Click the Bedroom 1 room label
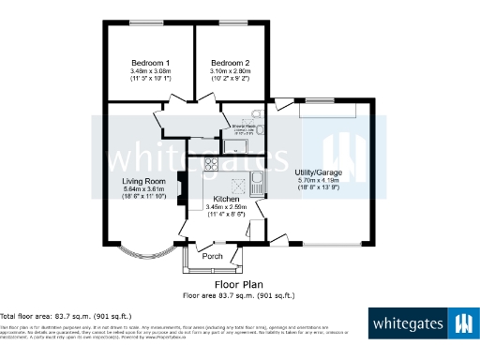pos(149,61)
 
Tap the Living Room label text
pos(144,181)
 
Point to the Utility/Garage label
pos(317,173)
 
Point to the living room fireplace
pos(184,194)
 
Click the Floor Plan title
pos(238,284)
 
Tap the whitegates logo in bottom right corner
pos(422,325)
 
